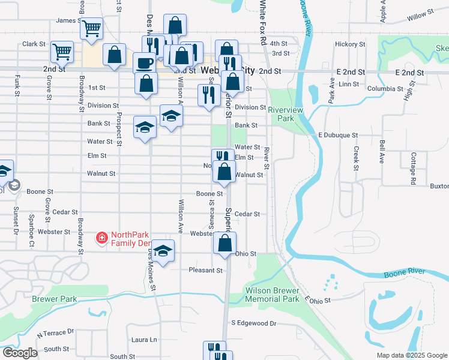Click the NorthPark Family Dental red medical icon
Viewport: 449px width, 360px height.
click(x=102, y=239)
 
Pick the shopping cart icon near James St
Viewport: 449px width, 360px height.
click(x=91, y=28)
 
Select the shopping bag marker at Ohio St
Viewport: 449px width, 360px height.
click(x=225, y=243)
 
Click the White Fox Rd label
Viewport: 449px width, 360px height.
click(x=263, y=23)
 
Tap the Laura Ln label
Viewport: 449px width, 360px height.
click(x=144, y=340)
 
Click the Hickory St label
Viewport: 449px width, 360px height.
click(x=350, y=44)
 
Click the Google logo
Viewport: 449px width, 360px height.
click(x=19, y=353)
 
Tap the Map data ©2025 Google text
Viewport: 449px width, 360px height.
click(x=411, y=355)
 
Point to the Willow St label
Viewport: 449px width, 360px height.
click(x=420, y=14)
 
